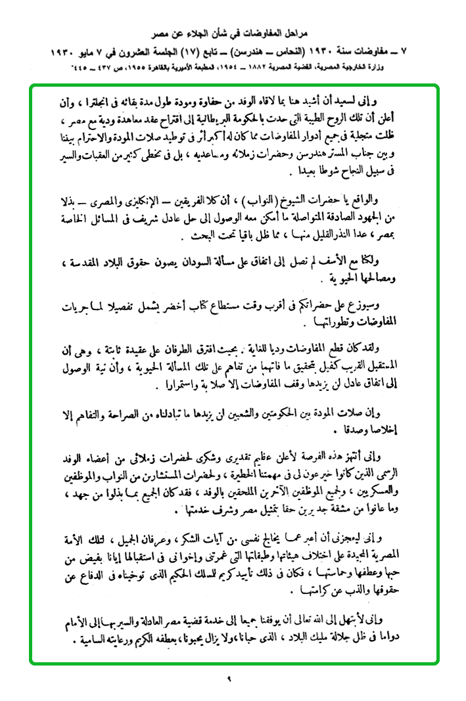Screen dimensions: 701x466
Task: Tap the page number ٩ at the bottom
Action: tap(232, 678)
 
